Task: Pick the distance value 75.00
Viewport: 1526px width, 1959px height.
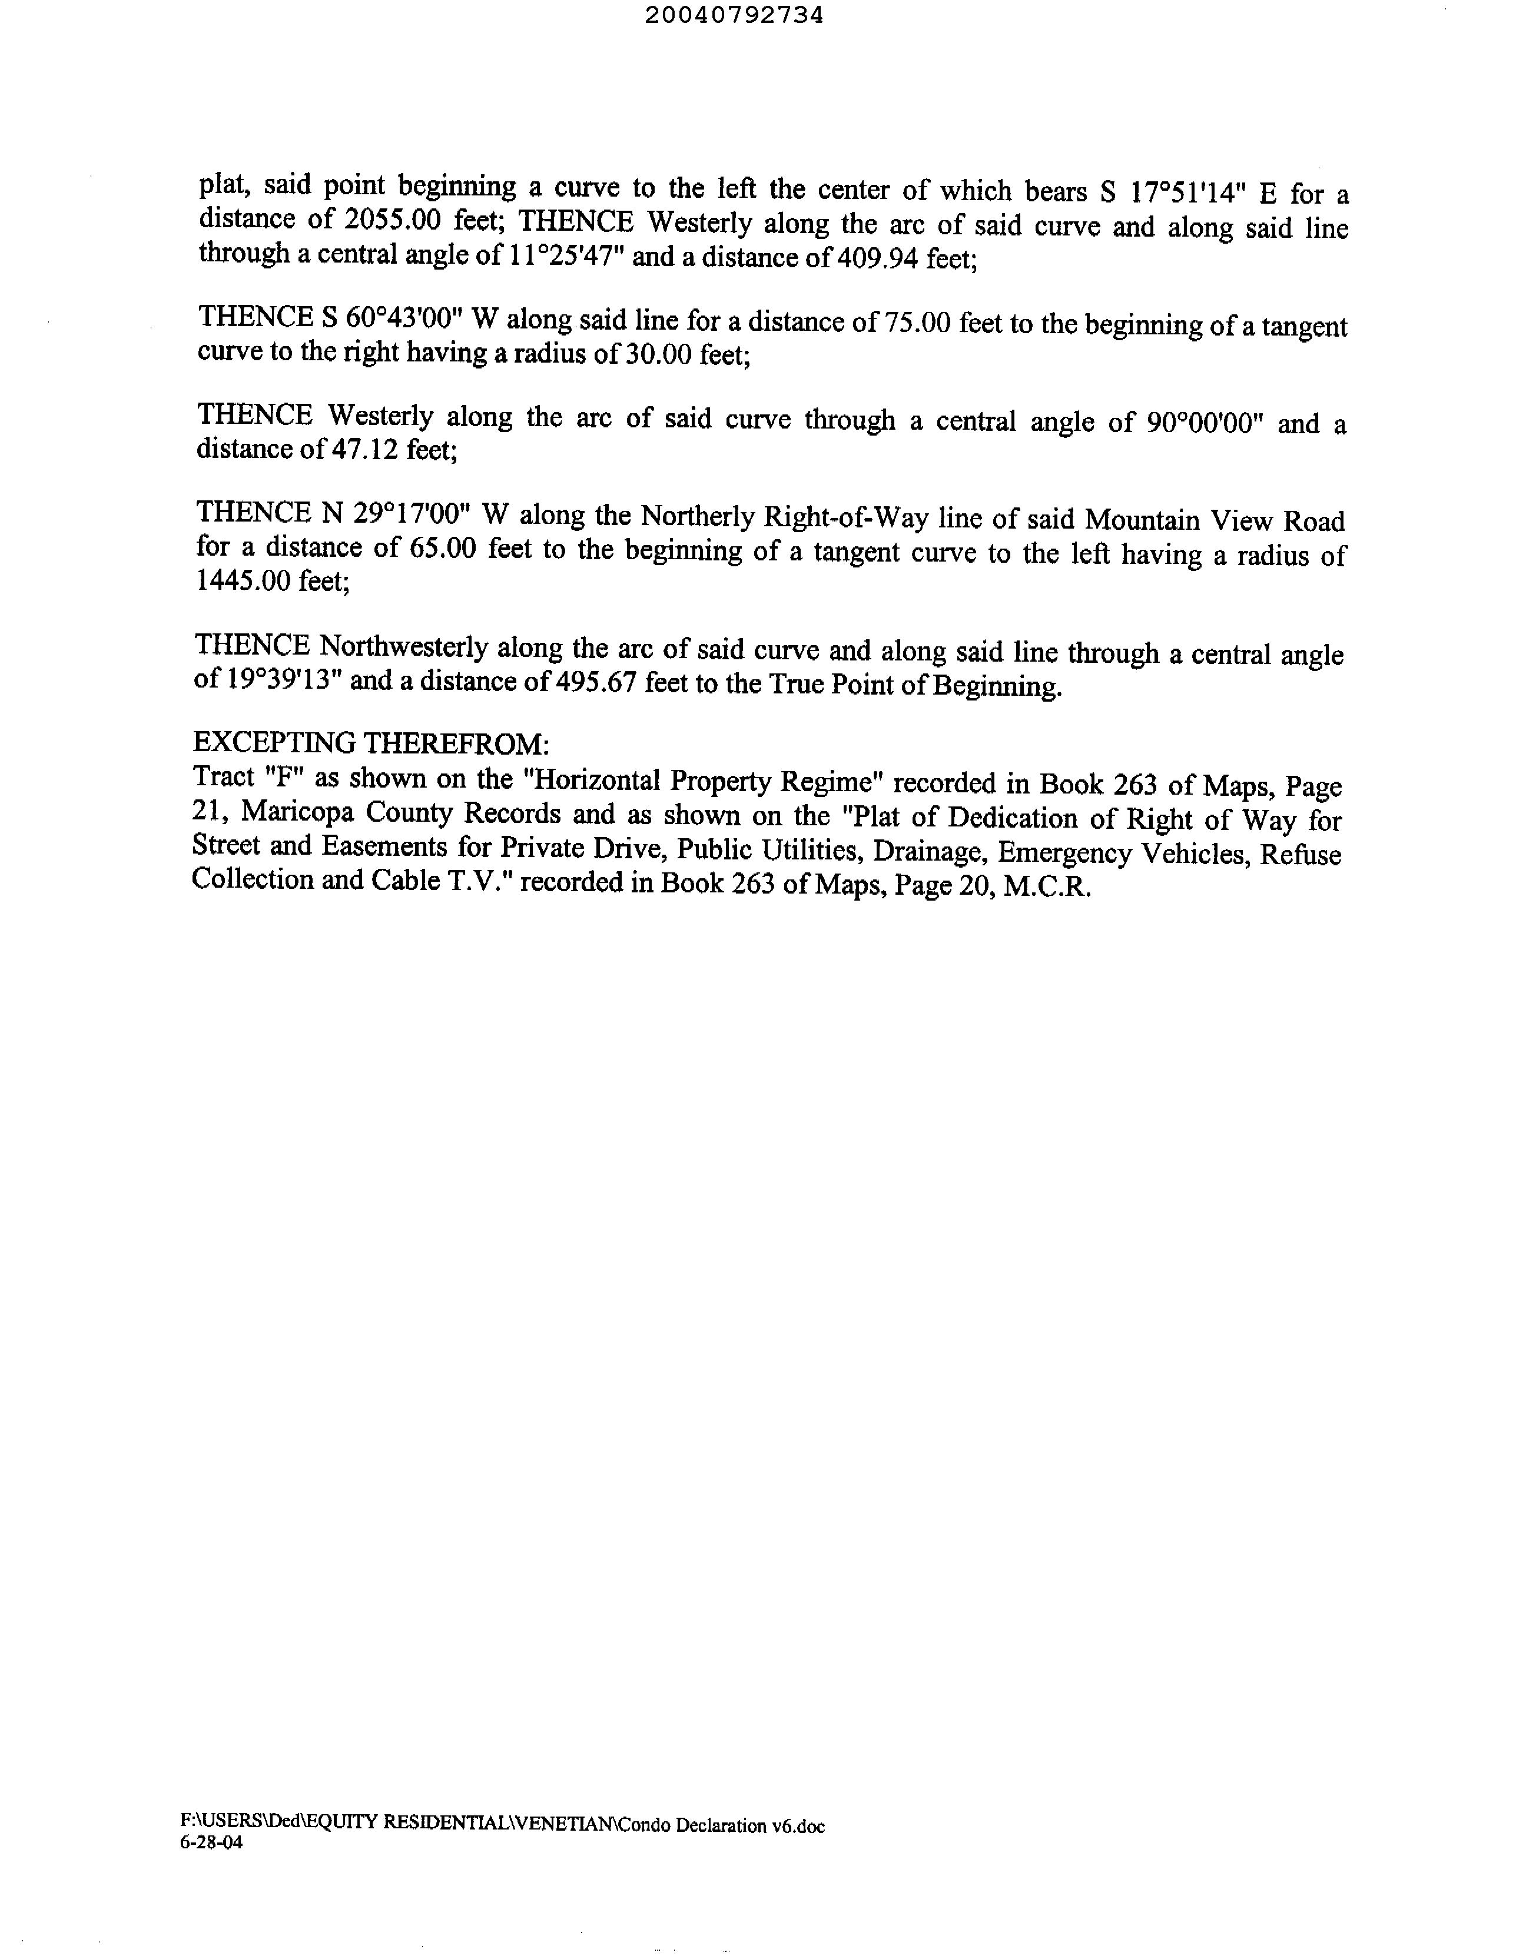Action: (917, 322)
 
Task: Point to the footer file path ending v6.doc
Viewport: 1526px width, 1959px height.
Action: (502, 1824)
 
